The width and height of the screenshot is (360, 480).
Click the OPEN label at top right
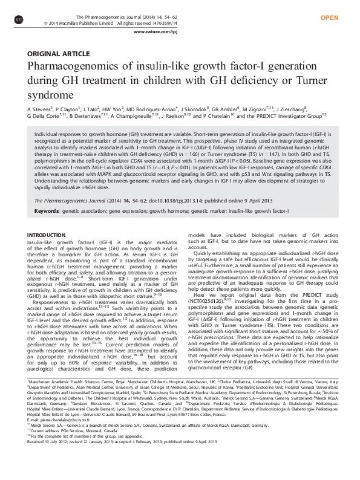(x=329, y=18)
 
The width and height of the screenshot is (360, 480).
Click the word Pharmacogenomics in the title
(x=77, y=68)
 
